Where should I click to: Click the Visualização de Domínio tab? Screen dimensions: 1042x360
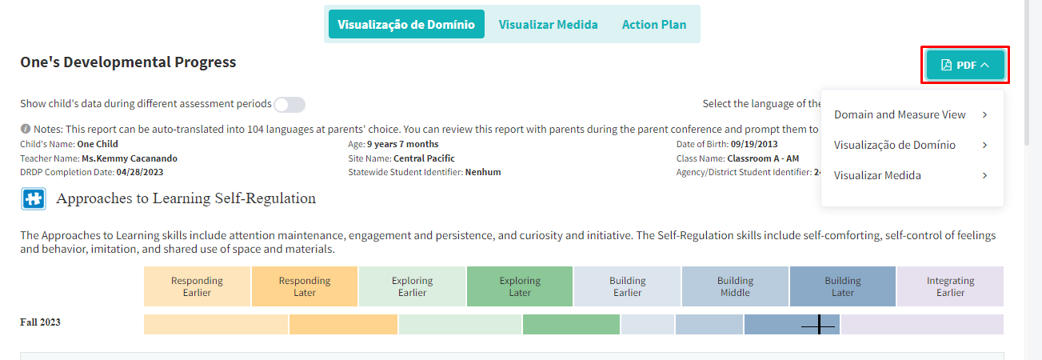click(406, 24)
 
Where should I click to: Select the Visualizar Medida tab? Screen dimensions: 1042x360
click(548, 24)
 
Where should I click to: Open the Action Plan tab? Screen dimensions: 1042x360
click(653, 24)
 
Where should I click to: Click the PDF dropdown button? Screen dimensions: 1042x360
click(964, 65)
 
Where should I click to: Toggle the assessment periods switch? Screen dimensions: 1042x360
click(289, 104)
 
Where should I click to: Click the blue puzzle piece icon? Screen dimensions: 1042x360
click(34, 199)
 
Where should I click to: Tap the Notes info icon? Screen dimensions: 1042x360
click(25, 129)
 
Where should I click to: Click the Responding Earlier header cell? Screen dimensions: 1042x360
click(197, 286)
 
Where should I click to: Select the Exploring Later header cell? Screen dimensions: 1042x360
click(520, 286)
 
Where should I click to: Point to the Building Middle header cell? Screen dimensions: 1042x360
click(735, 286)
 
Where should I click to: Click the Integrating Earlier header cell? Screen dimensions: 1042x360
click(950, 286)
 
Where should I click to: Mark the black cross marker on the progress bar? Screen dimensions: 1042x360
click(819, 325)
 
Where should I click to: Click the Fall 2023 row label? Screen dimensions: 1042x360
click(40, 322)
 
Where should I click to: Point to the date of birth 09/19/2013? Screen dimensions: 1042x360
click(754, 144)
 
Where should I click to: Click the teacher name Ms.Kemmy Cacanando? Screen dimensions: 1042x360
click(130, 158)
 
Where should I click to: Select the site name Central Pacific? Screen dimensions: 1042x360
click(424, 158)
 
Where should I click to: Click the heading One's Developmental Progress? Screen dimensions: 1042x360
click(128, 62)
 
